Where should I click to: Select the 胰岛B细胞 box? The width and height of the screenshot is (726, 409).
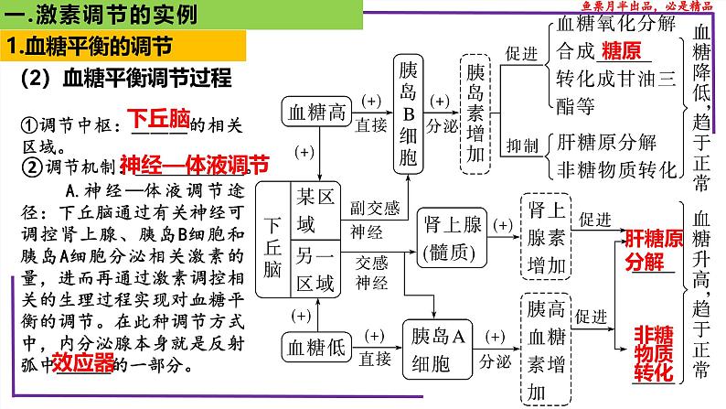[x=408, y=113]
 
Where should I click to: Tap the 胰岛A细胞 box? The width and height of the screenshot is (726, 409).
[x=441, y=345]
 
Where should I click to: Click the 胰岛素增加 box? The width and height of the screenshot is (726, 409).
[x=475, y=113]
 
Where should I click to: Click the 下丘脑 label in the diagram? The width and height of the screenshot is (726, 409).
[x=272, y=239]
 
